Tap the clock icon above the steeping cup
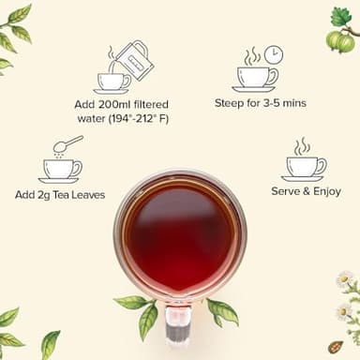(273, 54)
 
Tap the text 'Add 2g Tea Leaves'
(60, 195)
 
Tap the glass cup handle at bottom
(180, 322)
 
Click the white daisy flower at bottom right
(345, 281)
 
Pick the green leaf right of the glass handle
(221, 311)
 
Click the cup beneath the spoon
(61, 170)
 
